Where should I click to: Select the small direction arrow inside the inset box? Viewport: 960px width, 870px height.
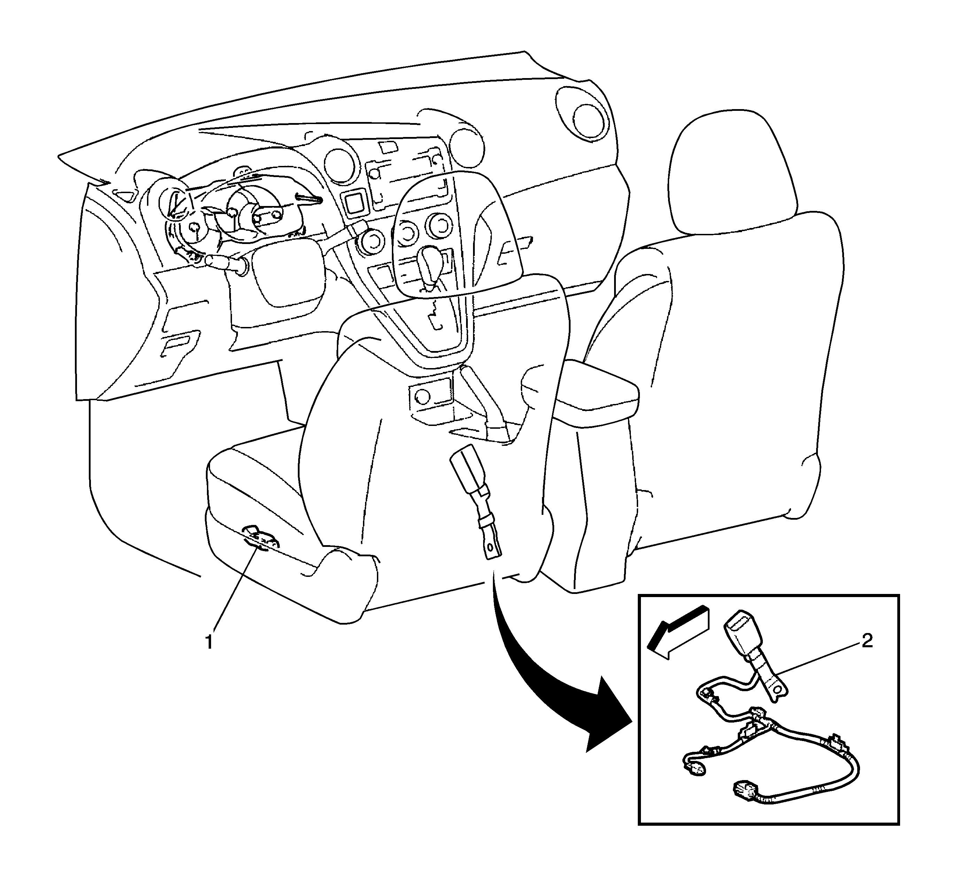point(678,632)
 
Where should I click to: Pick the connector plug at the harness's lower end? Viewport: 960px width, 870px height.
point(743,795)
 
